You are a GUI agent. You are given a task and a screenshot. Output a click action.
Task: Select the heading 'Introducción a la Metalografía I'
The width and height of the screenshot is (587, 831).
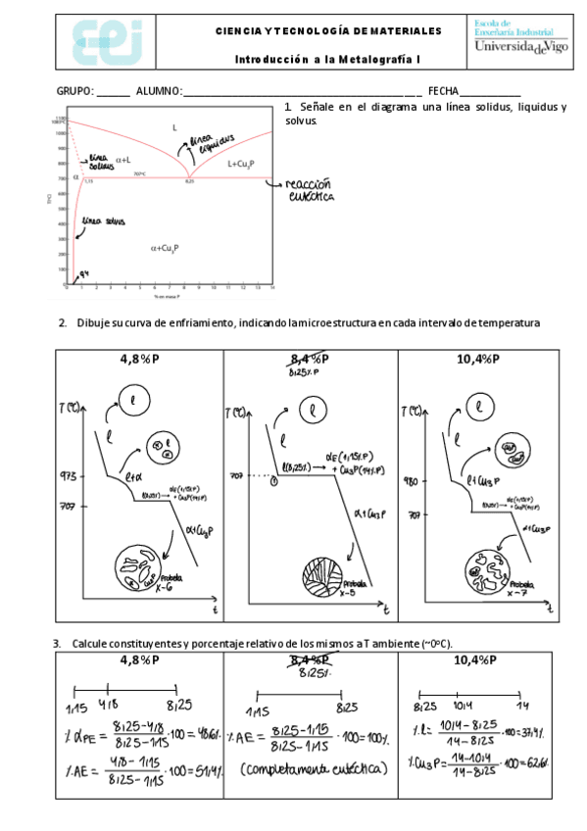pos(327,60)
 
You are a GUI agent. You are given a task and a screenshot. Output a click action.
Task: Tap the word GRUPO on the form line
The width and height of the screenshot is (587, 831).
pos(74,90)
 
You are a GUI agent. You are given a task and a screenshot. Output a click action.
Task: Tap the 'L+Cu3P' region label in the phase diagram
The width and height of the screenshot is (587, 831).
pos(241,164)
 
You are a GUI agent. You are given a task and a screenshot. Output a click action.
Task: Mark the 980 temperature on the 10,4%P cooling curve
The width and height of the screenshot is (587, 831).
pos(416,481)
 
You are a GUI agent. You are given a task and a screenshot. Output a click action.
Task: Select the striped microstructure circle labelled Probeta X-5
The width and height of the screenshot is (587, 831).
pos(316,573)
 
